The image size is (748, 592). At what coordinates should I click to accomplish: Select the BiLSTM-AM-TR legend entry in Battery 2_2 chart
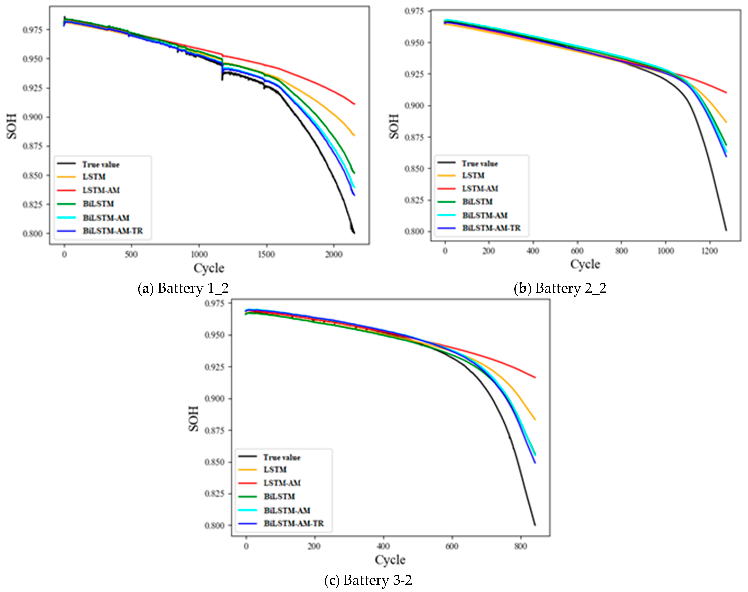(x=491, y=228)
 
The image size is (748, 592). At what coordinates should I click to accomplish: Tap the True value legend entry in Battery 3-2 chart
(x=282, y=458)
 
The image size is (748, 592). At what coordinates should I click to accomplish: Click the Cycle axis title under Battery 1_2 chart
(x=209, y=268)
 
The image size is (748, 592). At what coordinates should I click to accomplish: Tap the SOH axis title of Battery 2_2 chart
(x=394, y=126)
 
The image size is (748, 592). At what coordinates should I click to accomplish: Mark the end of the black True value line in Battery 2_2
(x=726, y=230)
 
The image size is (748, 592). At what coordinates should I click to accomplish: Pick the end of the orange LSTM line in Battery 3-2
(x=535, y=419)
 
